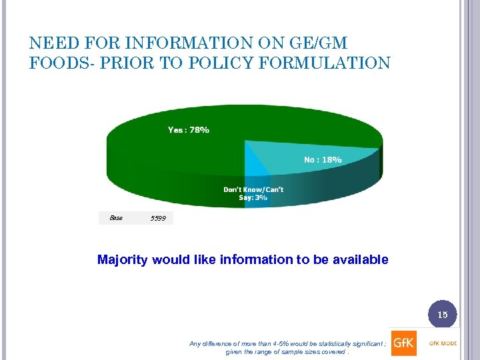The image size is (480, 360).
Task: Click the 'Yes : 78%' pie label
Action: [x=188, y=130]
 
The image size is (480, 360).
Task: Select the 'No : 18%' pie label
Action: [x=323, y=159]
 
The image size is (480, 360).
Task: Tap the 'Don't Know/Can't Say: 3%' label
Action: [x=253, y=193]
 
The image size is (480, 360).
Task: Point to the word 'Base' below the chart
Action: [x=116, y=217]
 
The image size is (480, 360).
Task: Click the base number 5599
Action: [x=159, y=218]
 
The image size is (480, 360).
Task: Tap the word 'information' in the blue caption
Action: [x=257, y=259]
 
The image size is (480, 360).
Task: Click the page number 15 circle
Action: [x=443, y=314]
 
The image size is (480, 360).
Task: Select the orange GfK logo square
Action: [x=403, y=343]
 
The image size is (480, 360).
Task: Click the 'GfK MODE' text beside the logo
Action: [x=443, y=343]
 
